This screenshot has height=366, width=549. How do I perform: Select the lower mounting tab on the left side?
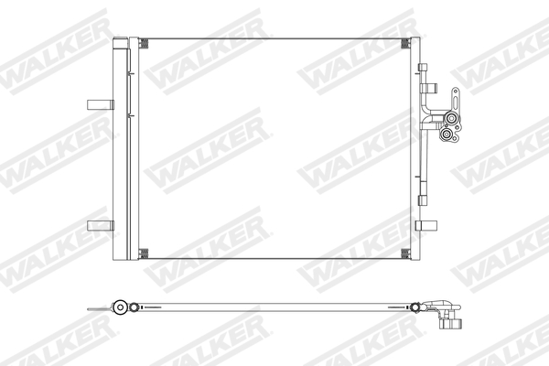click(x=96, y=226)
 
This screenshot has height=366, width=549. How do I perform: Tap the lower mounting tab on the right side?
click(x=425, y=226)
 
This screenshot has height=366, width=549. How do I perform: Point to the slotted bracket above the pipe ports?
click(x=455, y=97)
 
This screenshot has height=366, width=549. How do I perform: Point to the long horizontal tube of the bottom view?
click(x=274, y=309)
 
